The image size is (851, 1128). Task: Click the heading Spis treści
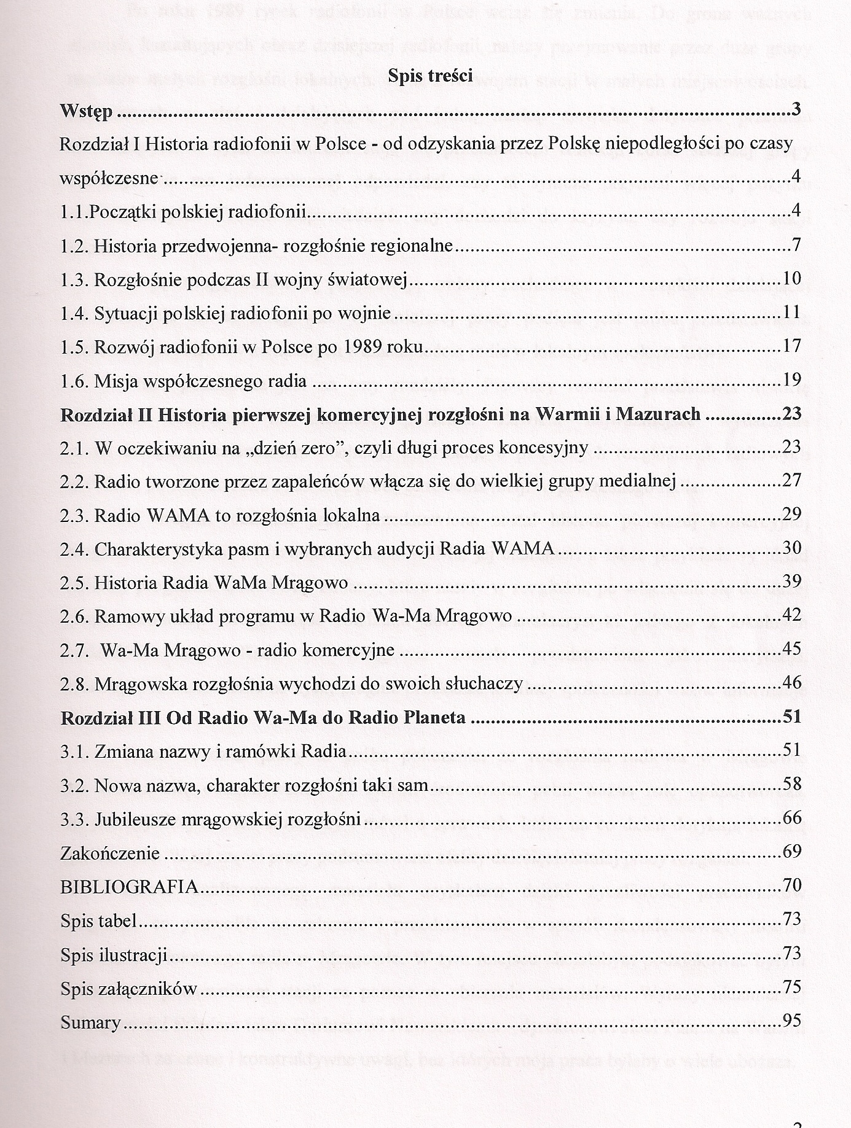[430, 76]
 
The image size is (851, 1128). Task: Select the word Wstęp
[86, 112]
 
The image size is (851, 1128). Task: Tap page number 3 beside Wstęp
[796, 111]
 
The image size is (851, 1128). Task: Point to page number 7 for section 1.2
[796, 245]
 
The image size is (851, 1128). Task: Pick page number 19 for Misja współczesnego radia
[791, 379]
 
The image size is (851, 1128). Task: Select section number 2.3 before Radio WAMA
[75, 515]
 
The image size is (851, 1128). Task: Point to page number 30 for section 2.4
[791, 548]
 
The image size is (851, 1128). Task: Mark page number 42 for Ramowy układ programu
[791, 615]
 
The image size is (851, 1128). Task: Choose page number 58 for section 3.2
[791, 784]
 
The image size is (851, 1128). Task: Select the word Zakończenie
[110, 853]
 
